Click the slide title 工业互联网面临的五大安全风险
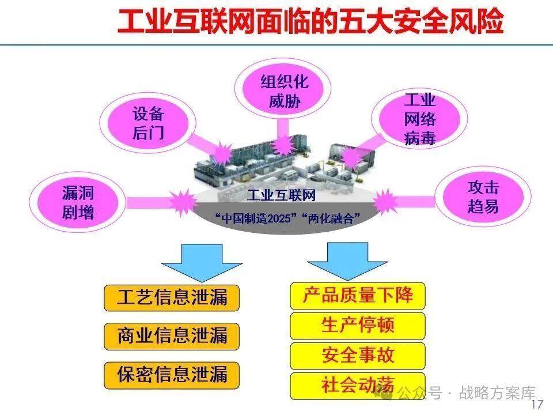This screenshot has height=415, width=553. coord(310,22)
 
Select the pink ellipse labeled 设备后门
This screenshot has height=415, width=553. coord(149,122)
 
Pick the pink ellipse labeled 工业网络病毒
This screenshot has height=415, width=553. coord(419,119)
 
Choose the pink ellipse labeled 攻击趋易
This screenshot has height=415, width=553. coord(483,197)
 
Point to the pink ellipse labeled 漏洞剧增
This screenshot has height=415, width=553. coord(78,203)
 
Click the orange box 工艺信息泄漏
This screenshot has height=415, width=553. coord(172,297)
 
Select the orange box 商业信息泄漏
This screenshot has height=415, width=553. coord(172,335)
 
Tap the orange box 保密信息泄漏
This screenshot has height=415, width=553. coord(172,374)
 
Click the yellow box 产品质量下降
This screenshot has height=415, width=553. coord(358,295)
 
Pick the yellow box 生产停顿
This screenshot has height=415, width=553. coord(358,325)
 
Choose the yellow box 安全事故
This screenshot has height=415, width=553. coord(358,355)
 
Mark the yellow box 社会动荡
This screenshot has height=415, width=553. coord(358,385)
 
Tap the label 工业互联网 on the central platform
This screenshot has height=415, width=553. coord(282,195)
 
